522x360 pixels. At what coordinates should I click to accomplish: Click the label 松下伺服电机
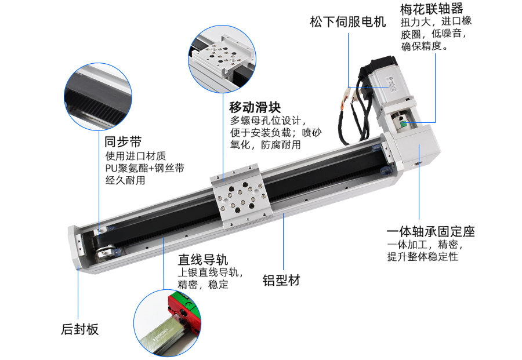pyautogui.click(x=347, y=23)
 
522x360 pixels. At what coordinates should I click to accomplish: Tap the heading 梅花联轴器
pyautogui.click(x=432, y=9)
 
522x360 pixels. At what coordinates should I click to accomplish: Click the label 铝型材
pyautogui.click(x=281, y=281)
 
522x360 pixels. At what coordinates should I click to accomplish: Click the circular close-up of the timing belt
pyautogui.click(x=98, y=97)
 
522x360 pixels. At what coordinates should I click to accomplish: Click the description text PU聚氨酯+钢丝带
pyautogui.click(x=145, y=168)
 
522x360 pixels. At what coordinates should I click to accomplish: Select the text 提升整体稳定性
pyautogui.click(x=422, y=256)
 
